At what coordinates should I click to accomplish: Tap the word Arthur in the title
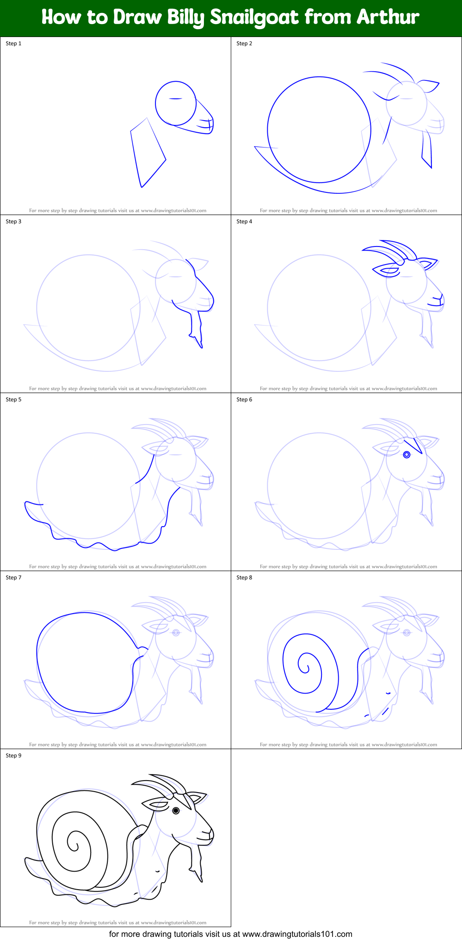[x=388, y=17]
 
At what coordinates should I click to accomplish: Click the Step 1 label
[x=13, y=43]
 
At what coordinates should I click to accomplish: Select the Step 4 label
[x=244, y=221]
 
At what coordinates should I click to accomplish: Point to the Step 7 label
[x=13, y=578]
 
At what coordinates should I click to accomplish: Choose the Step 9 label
[x=13, y=756]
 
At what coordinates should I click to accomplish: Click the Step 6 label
[x=244, y=400]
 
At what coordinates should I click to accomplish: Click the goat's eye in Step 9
[x=176, y=811]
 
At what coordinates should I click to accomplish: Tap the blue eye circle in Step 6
[x=407, y=455]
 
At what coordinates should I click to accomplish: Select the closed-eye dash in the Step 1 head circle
[x=175, y=98]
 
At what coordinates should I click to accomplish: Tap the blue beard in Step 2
[x=427, y=150]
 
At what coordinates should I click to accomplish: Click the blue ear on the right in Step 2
[x=429, y=86]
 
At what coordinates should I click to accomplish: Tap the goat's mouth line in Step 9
[x=204, y=837]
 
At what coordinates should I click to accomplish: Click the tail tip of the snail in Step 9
[x=26, y=859]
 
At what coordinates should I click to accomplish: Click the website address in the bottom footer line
[x=297, y=934]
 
